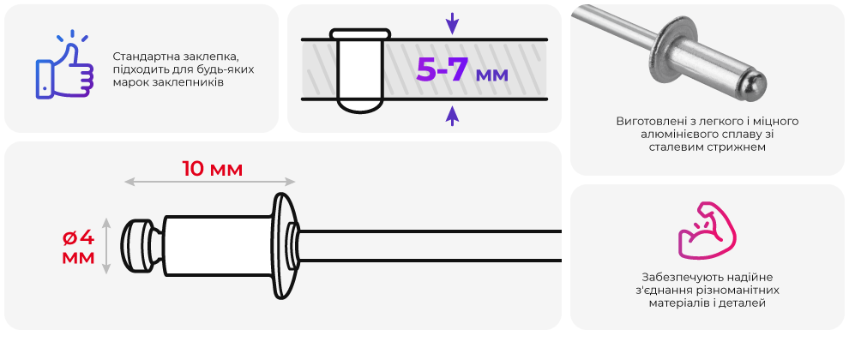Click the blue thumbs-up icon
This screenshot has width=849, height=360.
coord(64,69)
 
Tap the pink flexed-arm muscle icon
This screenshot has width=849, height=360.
coord(707,230)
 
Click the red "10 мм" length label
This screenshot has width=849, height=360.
coord(212,169)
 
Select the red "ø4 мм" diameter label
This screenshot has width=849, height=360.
coord(79,246)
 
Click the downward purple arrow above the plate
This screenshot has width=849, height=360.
coord(452,23)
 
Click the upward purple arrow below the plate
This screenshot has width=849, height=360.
coord(452,115)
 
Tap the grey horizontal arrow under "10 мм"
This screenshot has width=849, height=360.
coord(210,182)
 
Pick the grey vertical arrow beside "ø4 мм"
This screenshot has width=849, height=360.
coord(106,245)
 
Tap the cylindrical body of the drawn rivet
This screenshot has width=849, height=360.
coord(218,246)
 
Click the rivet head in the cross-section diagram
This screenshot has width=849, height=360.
coord(360,34)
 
